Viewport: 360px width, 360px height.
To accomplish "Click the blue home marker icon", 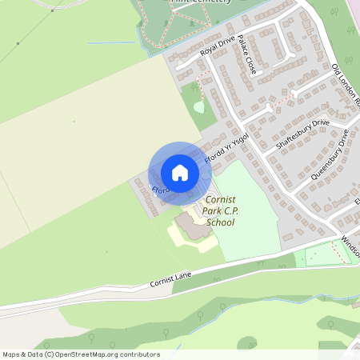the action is [x=180, y=172].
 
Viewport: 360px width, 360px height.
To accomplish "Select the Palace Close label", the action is [x=247, y=58].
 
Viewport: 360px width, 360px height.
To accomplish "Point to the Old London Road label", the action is [x=346, y=85].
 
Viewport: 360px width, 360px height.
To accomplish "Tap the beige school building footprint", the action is [x=192, y=226].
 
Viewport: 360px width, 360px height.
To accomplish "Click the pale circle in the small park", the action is [x=198, y=106].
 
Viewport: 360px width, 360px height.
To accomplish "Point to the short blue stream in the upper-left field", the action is [x=103, y=42].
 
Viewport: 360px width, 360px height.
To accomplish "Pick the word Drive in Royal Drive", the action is [x=228, y=43].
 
